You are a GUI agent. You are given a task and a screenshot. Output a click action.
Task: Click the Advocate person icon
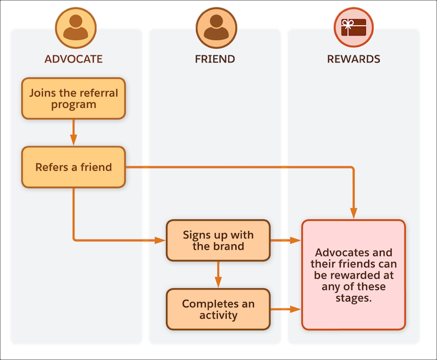(x=76, y=27)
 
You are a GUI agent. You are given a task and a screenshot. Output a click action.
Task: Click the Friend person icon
(x=215, y=27)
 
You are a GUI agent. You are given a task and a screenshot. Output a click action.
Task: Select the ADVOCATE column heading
(x=73, y=59)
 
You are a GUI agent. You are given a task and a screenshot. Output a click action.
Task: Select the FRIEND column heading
(x=215, y=59)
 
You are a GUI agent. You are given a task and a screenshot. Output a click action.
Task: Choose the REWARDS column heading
(x=354, y=59)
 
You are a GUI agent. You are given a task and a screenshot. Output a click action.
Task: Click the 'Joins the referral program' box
(x=73, y=99)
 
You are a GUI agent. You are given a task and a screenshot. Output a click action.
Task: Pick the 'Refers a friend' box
(x=73, y=167)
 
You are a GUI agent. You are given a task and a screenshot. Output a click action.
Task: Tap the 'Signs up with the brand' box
(x=218, y=241)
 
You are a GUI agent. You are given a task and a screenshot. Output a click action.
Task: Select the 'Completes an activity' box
(x=218, y=310)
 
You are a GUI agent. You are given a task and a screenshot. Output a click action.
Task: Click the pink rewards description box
(x=354, y=275)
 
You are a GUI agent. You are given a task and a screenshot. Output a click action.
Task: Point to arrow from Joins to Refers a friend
(x=73, y=133)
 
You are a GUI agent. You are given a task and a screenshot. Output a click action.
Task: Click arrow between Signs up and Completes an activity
(x=218, y=275)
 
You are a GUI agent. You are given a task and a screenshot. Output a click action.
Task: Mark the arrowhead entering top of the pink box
(x=354, y=214)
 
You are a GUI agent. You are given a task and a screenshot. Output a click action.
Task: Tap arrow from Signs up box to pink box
(x=286, y=241)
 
